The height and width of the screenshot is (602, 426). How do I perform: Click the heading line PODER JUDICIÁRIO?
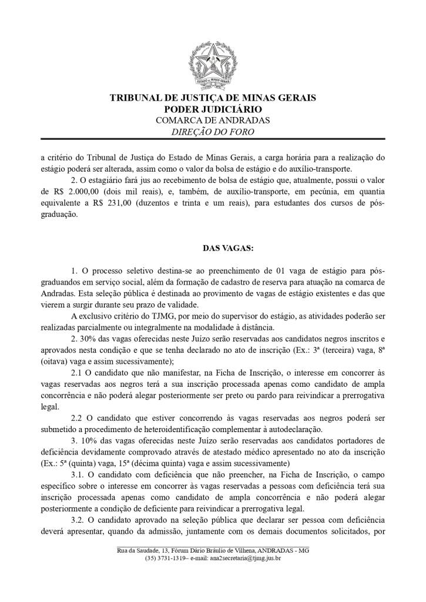click(213, 109)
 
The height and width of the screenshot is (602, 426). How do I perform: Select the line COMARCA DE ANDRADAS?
click(213, 120)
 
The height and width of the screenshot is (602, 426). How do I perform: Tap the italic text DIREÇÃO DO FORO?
click(213, 132)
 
